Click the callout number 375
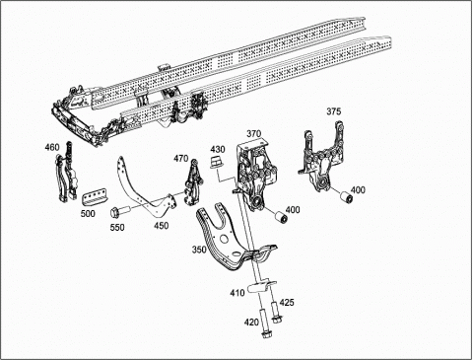(333, 111)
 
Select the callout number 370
(254, 134)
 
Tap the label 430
(218, 149)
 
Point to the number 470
(181, 159)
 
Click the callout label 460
(52, 147)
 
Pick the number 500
(88, 213)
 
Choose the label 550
(117, 227)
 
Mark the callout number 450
(162, 226)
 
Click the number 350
(199, 250)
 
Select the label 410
(237, 292)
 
